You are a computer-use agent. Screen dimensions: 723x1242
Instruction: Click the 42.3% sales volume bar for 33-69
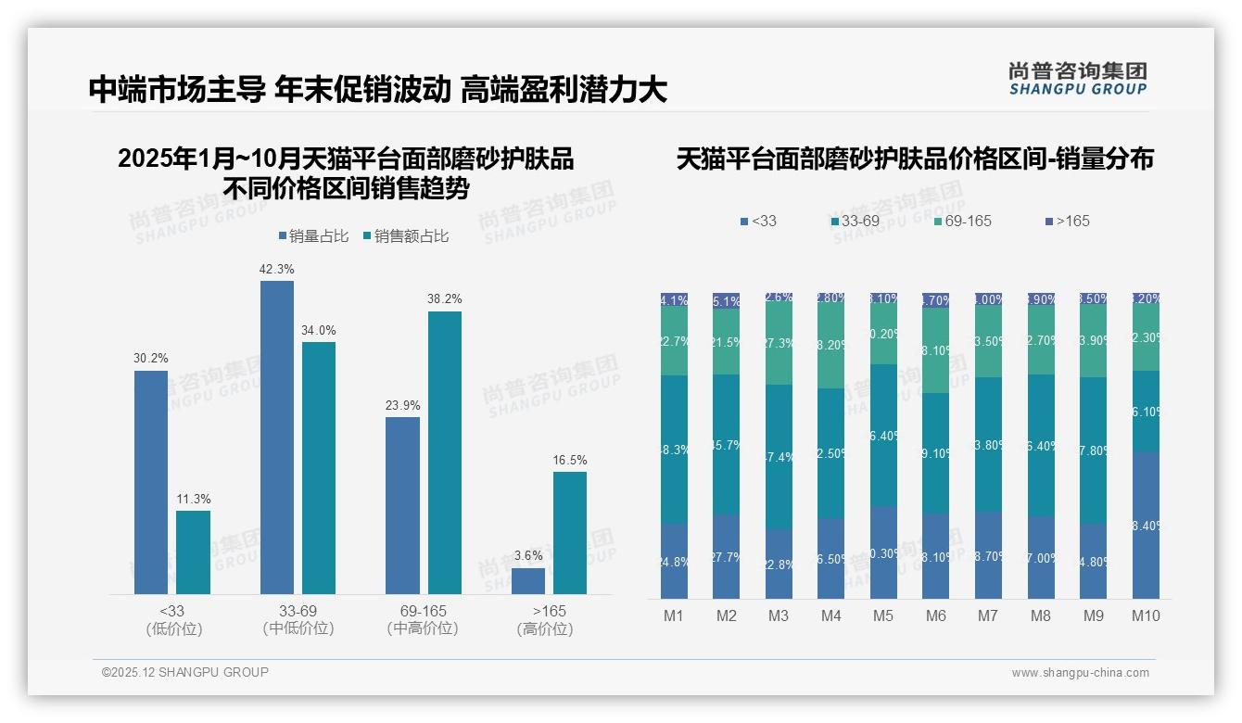pyautogui.click(x=276, y=437)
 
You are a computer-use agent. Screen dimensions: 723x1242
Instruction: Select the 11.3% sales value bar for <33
pyautogui.click(x=193, y=552)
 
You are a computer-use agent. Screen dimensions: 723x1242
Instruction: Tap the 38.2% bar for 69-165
pyautogui.click(x=444, y=452)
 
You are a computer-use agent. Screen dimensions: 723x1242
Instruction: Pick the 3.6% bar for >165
pyautogui.click(x=528, y=581)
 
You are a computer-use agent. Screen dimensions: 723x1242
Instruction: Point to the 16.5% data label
pyautogui.click(x=570, y=461)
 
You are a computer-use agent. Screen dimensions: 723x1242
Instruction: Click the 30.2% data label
pyautogui.click(x=151, y=359)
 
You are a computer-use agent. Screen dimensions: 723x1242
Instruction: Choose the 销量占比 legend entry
pyautogui.click(x=313, y=236)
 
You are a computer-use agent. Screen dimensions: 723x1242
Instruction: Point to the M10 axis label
pyautogui.click(x=1146, y=615)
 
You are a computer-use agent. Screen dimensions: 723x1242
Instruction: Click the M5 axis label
pyautogui.click(x=883, y=615)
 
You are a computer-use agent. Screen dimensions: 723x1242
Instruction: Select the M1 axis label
pyautogui.click(x=674, y=615)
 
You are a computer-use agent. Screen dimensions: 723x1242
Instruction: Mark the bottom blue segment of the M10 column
pyautogui.click(x=1146, y=525)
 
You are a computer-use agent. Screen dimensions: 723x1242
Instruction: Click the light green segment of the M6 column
pyautogui.click(x=936, y=350)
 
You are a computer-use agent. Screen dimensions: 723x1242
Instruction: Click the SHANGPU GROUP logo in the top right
pyautogui.click(x=1077, y=79)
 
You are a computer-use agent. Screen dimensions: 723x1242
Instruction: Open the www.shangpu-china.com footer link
pyautogui.click(x=1080, y=673)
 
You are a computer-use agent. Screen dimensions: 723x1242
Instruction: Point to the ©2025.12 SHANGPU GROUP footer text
pyautogui.click(x=185, y=672)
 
